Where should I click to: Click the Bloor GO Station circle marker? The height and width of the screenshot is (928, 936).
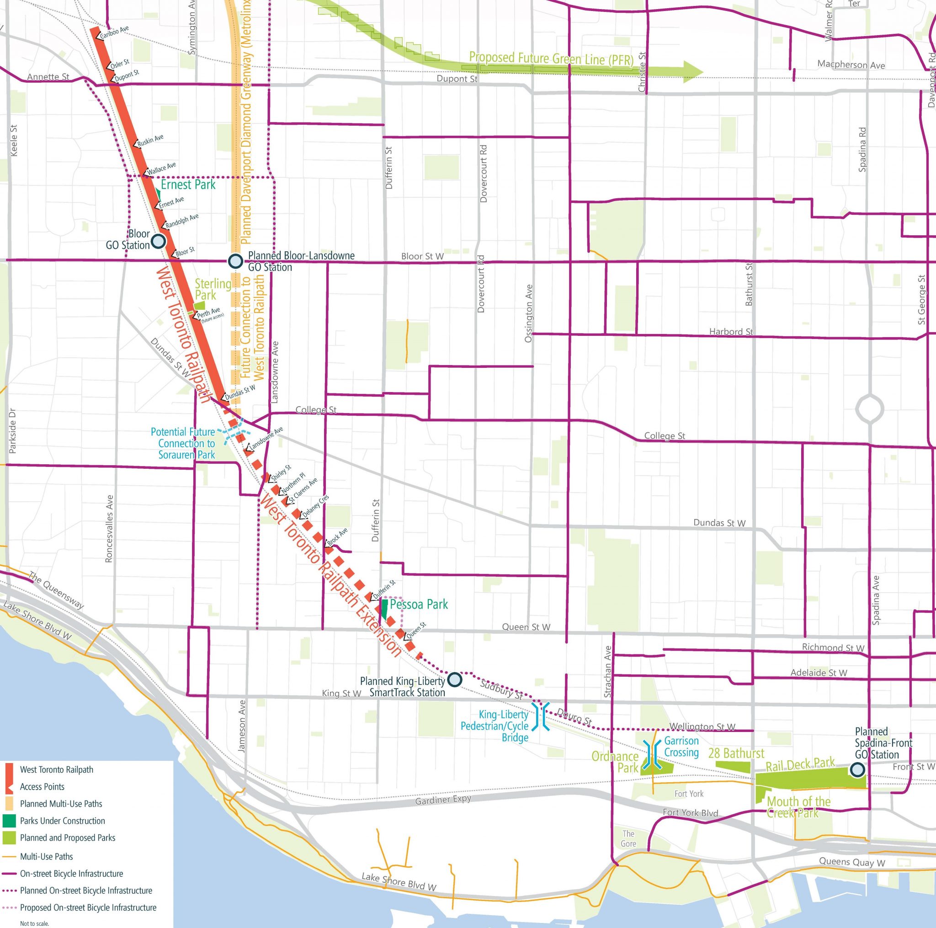159,241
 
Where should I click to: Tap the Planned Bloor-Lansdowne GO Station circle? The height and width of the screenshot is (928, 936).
235,261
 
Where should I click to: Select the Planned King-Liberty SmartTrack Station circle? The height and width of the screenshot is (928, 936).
454,679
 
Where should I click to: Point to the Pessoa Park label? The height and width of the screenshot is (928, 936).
419,605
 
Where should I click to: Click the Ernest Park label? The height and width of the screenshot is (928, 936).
188,185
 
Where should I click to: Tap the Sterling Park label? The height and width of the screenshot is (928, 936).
213,289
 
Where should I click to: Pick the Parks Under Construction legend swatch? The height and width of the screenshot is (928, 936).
9,821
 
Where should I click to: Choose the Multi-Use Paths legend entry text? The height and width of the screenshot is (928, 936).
47,856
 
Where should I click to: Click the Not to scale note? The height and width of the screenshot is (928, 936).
34,923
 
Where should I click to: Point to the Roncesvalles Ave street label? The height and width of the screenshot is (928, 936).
109,528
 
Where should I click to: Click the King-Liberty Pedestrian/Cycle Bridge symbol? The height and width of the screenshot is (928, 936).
541,716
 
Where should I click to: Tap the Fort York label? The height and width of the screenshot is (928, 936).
688,793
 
